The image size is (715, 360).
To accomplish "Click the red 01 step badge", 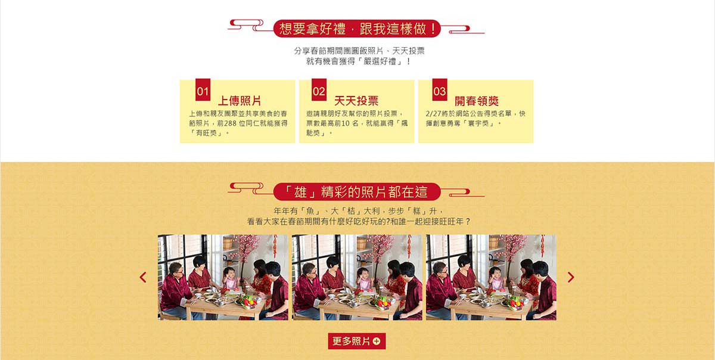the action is click(203, 90).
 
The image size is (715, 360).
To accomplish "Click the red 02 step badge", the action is click(319, 90).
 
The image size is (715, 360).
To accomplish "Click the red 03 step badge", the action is click(440, 90).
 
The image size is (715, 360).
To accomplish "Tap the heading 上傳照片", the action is click(240, 101).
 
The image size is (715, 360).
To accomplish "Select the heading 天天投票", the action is click(356, 101).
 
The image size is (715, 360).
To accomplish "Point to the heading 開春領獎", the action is click(477, 101).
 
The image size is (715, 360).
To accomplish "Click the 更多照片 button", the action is click(356, 341).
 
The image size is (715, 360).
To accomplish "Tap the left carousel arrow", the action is click(143, 277).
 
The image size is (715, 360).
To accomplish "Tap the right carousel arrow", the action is click(571, 277).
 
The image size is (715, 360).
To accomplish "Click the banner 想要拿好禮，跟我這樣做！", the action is click(357, 29).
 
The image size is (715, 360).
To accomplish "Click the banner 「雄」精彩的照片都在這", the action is click(357, 192).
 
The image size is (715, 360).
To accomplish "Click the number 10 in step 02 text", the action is click(346, 123).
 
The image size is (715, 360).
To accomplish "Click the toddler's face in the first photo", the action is click(230, 274).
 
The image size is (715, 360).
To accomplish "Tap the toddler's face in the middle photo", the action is click(364, 274).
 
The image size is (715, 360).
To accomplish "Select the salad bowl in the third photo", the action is click(514, 302).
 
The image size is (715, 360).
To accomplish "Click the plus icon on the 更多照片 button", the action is click(377, 341).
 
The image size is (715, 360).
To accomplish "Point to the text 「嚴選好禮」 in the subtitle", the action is click(380, 61).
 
